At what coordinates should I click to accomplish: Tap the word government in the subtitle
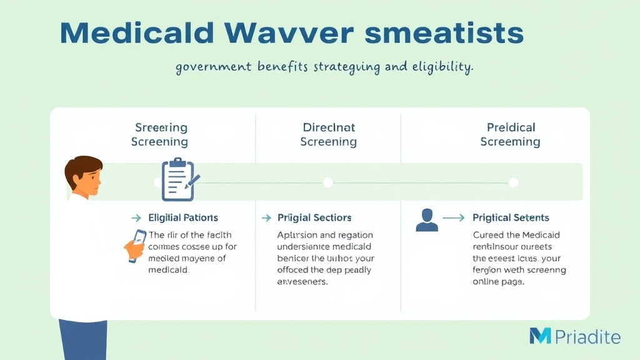click(213, 67)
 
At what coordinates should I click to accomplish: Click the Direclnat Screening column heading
click(328, 134)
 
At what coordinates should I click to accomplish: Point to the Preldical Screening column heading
click(510, 134)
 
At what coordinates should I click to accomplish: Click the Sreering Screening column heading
click(160, 134)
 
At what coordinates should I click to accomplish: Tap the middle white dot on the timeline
click(327, 182)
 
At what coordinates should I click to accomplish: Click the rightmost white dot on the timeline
click(513, 182)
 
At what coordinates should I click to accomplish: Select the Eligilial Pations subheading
click(183, 217)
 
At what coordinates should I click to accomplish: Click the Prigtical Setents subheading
click(511, 217)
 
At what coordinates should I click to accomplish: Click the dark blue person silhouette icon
click(427, 219)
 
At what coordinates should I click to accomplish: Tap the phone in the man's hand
click(137, 246)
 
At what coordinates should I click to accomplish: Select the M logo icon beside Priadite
click(540, 336)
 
